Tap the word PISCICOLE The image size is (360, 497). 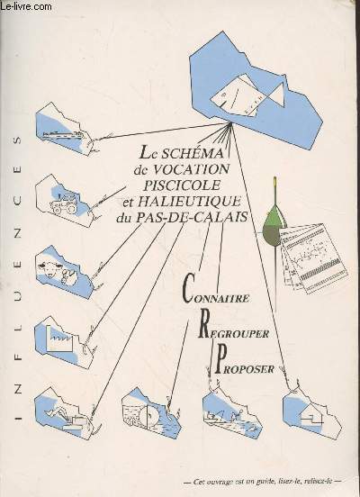(x=182, y=185)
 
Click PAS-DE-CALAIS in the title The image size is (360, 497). (x=192, y=217)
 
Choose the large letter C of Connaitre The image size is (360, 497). (x=187, y=288)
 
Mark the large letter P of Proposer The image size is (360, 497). (x=221, y=359)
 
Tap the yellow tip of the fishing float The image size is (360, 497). (x=275, y=183)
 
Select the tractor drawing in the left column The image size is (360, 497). (x=64, y=203)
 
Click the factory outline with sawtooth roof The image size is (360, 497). (x=60, y=339)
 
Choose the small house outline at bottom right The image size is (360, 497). (x=310, y=416)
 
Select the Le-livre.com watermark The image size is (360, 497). (x=26, y=5)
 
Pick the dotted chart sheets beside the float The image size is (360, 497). (x=313, y=258)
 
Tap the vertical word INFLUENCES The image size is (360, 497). (x=19, y=278)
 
